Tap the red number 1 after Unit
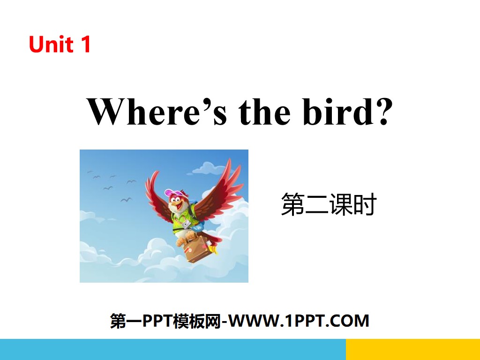coord(85,45)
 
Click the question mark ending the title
coord(383,113)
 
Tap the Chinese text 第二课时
coord(329,205)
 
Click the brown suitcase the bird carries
coord(197,248)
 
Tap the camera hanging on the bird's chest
coord(187,224)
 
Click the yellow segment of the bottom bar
coord(412,349)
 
